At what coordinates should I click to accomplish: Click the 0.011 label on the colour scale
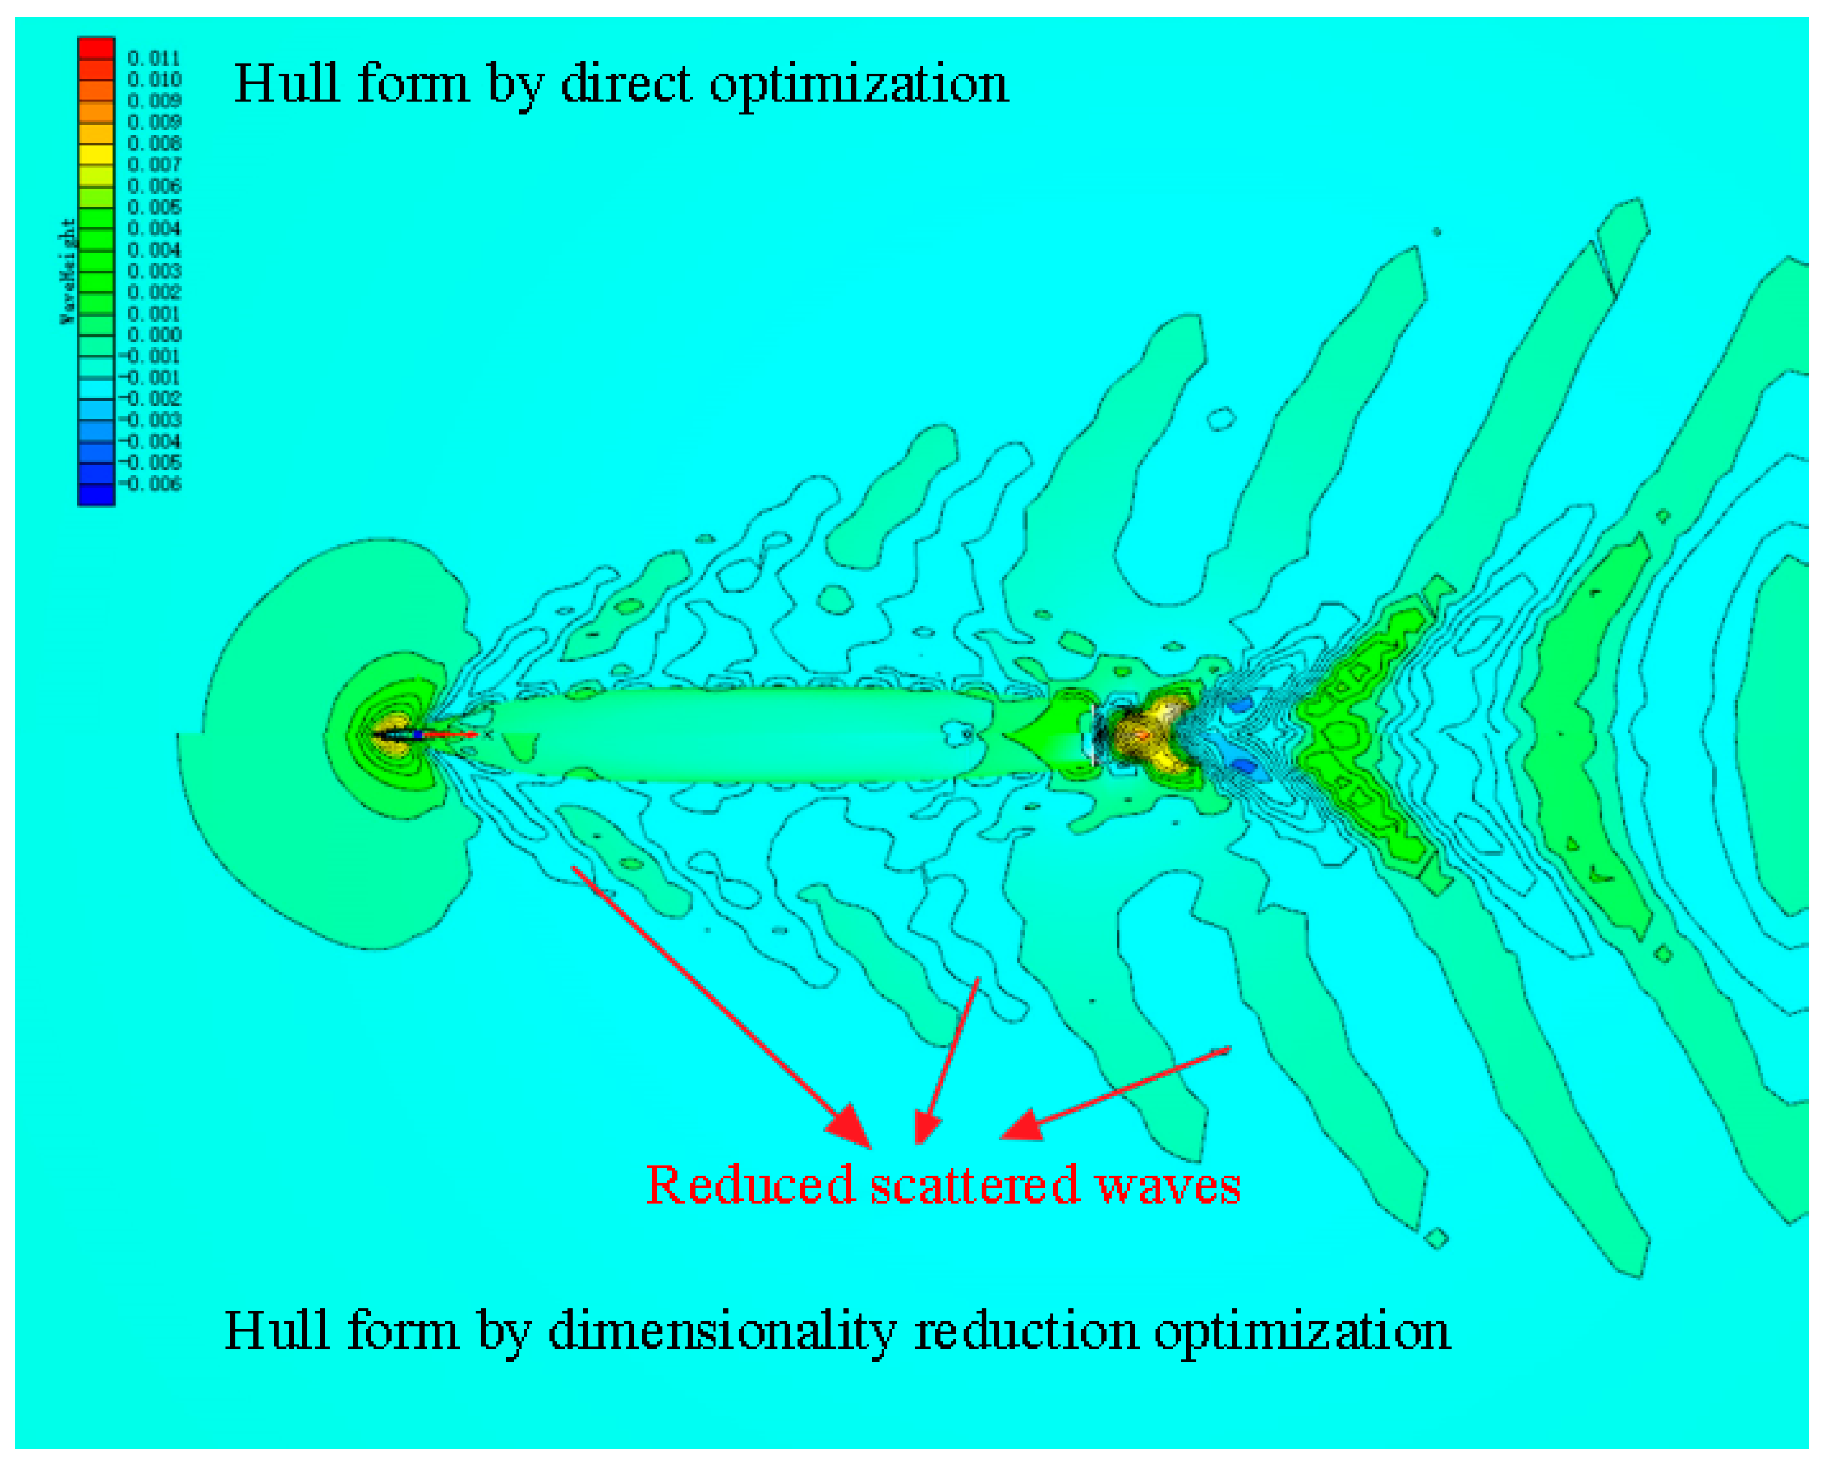154,58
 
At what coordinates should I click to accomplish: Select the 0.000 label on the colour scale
154,335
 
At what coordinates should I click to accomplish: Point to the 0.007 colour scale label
154,164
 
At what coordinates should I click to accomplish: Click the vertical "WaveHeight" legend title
68,271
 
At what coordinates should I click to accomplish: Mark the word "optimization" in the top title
858,85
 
